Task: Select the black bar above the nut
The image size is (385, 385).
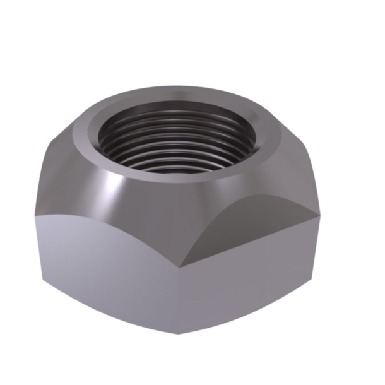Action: click(192, 24)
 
